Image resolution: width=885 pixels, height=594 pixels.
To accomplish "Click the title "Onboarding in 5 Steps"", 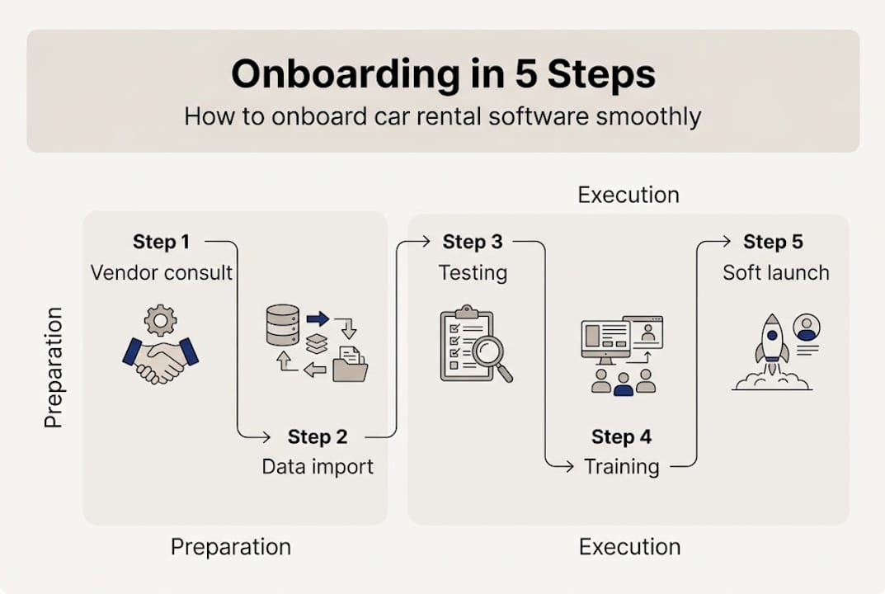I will pyautogui.click(x=443, y=74).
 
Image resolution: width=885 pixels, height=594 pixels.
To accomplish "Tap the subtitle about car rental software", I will pyautogui.click(x=442, y=115).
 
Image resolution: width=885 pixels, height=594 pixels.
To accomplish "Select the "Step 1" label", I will pyautogui.click(x=161, y=242).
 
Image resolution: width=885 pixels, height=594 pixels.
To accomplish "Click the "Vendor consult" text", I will pyautogui.click(x=162, y=272).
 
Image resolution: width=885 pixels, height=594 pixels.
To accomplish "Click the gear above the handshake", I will pyautogui.click(x=160, y=319).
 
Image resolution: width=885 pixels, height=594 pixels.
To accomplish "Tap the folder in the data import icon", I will pyautogui.click(x=350, y=365).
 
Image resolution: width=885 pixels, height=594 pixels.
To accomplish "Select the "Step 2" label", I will pyautogui.click(x=318, y=436).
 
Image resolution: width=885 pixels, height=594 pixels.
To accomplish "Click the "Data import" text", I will pyautogui.click(x=318, y=467).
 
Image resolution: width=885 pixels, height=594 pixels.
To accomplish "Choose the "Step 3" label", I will pyautogui.click(x=473, y=242).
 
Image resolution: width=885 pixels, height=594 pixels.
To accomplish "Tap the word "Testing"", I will pyautogui.click(x=473, y=272).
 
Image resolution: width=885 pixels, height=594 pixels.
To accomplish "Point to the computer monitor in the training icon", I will pyautogui.click(x=605, y=339).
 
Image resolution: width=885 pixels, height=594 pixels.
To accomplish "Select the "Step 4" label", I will pyautogui.click(x=622, y=436).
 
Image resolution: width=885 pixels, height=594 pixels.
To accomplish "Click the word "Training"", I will pyautogui.click(x=622, y=467).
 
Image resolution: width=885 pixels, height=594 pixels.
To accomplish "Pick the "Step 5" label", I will pyautogui.click(x=773, y=242).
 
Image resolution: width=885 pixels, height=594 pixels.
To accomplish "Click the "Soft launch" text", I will pyautogui.click(x=775, y=272).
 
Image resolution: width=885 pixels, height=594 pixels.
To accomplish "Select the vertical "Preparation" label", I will pyautogui.click(x=54, y=367).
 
